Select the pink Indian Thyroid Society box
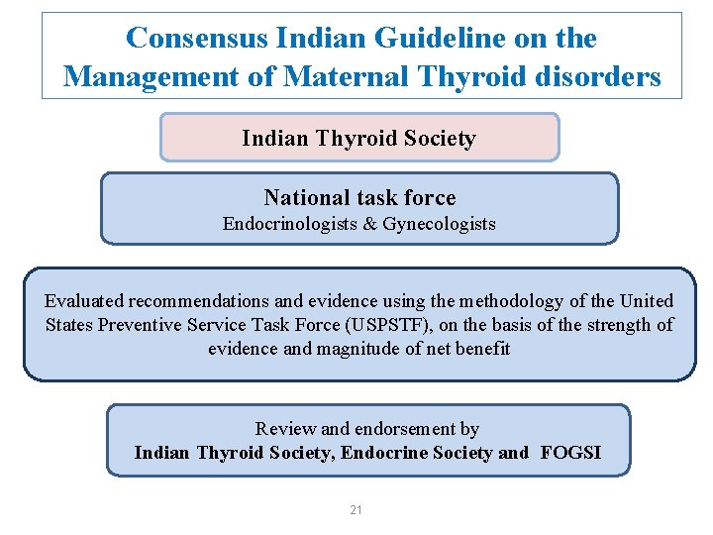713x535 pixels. tap(358, 138)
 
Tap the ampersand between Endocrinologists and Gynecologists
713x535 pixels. tap(366, 224)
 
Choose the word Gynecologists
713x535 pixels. tap(437, 224)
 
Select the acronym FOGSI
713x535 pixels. tap(570, 453)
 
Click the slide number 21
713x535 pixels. tap(356, 510)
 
